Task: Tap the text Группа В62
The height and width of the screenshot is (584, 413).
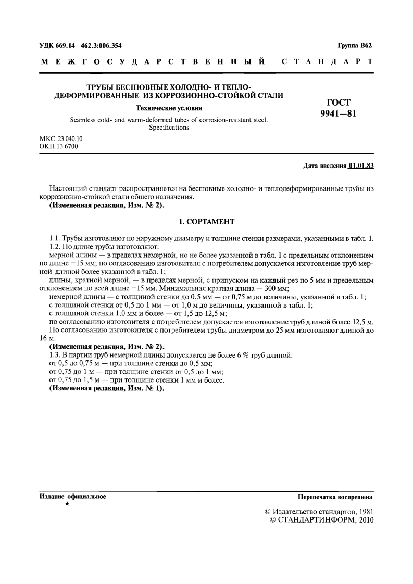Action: [x=355, y=46]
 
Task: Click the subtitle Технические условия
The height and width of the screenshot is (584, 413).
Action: [x=169, y=108]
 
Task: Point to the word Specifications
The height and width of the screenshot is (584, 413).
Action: [x=169, y=127]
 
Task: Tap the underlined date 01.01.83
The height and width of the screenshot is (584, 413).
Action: [x=361, y=167]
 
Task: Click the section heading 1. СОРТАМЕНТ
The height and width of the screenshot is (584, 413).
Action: [x=207, y=222]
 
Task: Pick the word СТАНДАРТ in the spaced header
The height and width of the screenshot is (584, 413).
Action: [x=327, y=62]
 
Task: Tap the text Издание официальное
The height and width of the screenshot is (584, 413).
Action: [x=73, y=496]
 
